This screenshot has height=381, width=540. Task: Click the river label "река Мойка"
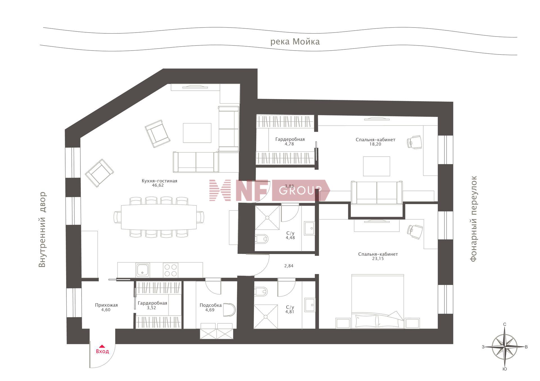click(295, 42)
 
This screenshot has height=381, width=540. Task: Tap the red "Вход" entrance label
click(102, 351)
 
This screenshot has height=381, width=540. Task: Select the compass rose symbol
click(505, 347)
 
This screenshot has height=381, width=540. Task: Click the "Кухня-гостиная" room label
click(159, 181)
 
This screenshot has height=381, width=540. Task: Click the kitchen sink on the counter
click(143, 270)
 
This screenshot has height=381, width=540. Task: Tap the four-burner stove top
click(170, 270)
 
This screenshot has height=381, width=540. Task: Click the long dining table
click(159, 217)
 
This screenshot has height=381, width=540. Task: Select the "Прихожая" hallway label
click(106, 305)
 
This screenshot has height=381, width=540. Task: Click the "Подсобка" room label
click(211, 305)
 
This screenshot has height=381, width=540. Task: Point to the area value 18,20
click(375, 144)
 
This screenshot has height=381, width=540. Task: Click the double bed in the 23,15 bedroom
click(378, 301)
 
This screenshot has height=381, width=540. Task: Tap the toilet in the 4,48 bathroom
click(262, 239)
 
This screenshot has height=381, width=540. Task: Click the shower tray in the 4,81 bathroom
click(265, 316)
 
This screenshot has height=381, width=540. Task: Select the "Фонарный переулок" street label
click(474, 219)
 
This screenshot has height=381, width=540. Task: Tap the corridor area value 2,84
click(289, 266)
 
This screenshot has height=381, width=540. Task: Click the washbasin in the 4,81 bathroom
click(310, 305)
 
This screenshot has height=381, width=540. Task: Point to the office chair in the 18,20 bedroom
click(415, 142)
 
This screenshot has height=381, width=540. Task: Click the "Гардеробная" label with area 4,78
click(290, 139)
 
